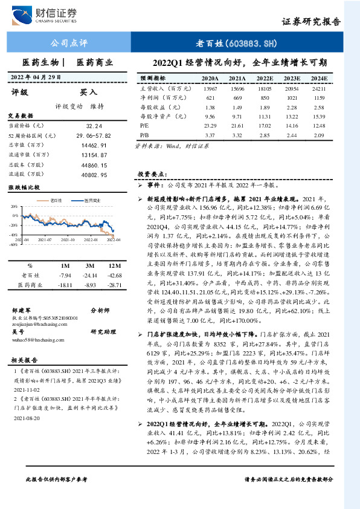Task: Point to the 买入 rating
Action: (x=88, y=93)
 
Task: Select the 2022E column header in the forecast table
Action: (x=264, y=79)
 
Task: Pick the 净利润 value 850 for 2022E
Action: (x=265, y=98)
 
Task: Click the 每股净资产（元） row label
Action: (x=159, y=116)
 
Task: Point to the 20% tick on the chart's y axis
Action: (x=13, y=207)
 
